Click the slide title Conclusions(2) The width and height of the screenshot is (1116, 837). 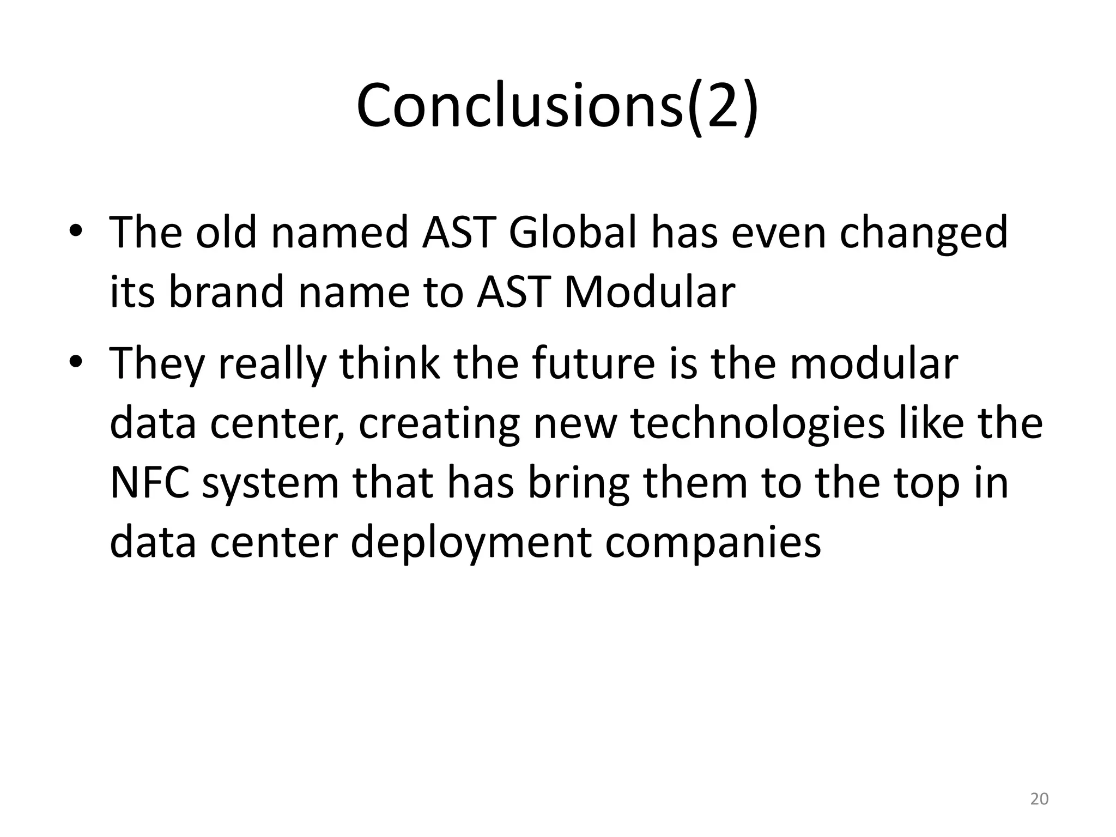[x=557, y=106]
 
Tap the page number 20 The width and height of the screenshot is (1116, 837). [x=1039, y=799]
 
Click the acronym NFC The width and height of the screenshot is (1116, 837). [x=149, y=483]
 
